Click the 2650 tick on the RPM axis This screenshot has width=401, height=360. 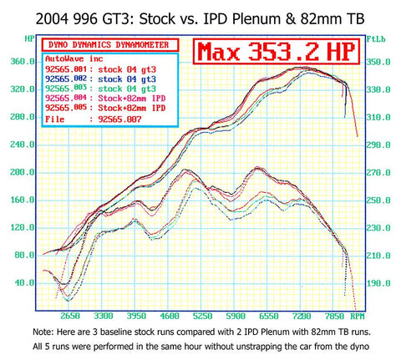tap(69, 317)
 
